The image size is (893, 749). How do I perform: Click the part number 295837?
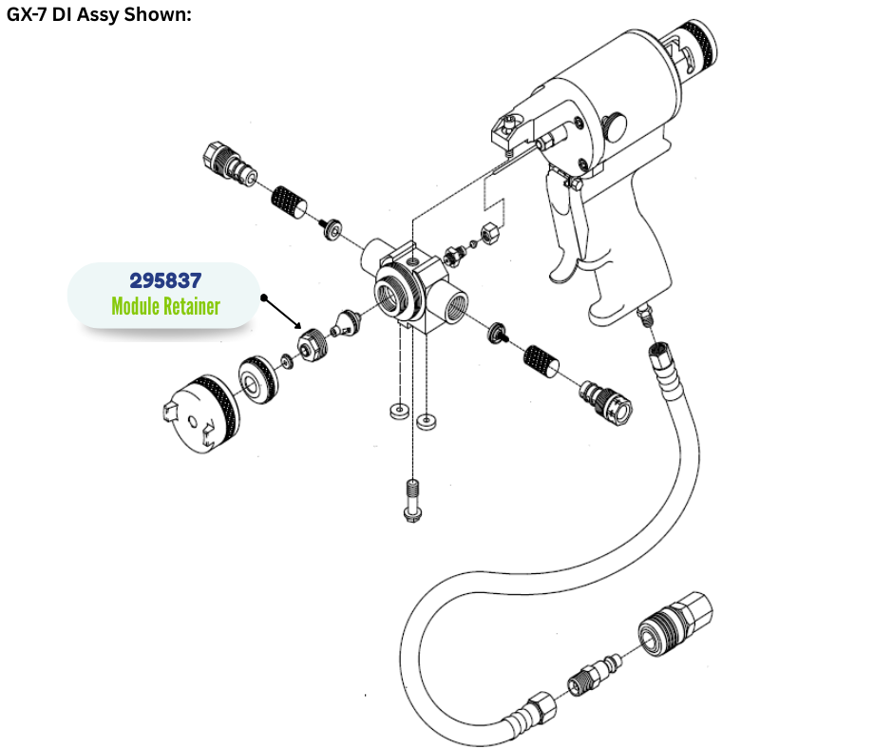coord(165,280)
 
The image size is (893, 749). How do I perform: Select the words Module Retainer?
coord(165,306)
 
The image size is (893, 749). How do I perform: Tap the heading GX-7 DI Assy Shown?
coord(99,14)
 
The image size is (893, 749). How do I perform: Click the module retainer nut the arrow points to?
coord(313,345)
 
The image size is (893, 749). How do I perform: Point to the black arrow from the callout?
coord(282,313)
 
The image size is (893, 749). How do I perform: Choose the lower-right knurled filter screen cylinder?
coord(541,361)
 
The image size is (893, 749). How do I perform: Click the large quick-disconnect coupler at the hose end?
coord(675,624)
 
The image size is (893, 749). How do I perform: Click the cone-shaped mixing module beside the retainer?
coord(348,322)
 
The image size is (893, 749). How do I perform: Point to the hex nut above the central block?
coord(491,232)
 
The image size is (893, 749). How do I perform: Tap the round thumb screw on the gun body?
coord(615,126)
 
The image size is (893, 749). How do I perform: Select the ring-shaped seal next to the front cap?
coord(258,380)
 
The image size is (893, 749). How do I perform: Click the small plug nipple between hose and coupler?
coord(595,674)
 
